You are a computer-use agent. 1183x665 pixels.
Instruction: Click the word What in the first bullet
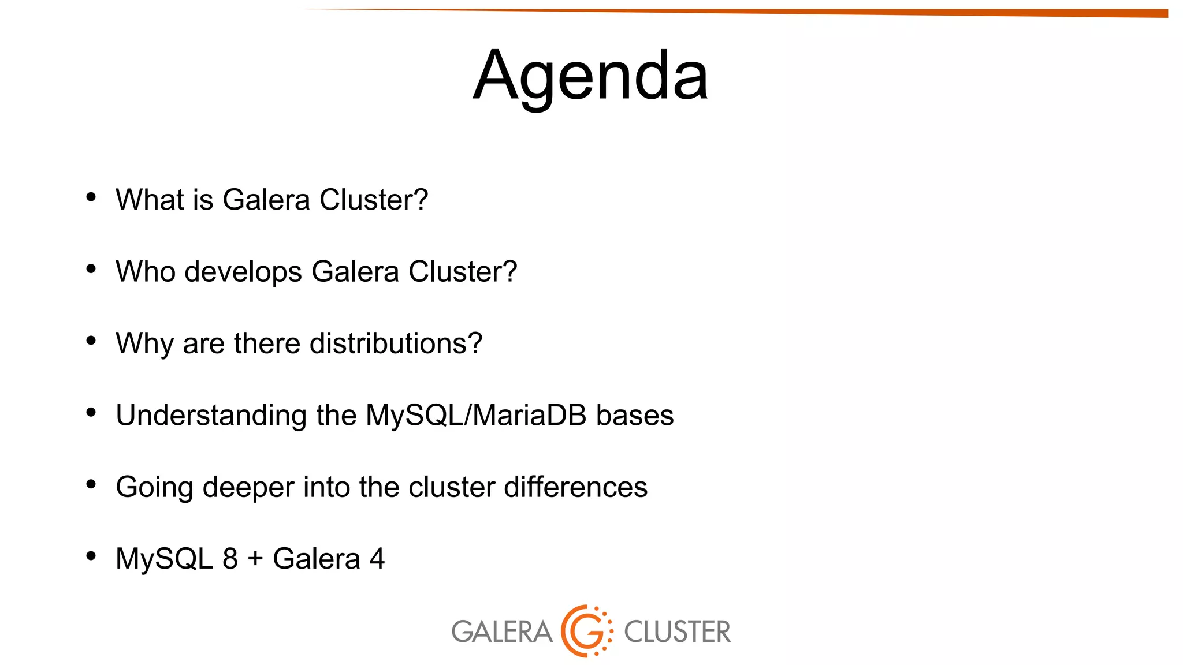(149, 200)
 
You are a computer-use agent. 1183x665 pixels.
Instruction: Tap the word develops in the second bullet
(243, 272)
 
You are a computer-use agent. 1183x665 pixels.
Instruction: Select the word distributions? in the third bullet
(396, 343)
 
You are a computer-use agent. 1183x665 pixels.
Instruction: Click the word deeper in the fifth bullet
(248, 487)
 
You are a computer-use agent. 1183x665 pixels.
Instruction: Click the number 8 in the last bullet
(230, 559)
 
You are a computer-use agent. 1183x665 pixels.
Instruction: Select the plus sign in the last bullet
(255, 559)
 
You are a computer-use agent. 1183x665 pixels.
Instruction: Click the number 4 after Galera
(377, 559)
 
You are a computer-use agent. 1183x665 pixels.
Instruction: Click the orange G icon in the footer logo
(586, 631)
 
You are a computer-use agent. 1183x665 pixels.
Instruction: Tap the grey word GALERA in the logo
(501, 632)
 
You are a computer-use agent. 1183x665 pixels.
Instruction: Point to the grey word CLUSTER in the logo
(677, 632)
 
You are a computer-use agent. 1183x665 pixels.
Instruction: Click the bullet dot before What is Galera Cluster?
(91, 197)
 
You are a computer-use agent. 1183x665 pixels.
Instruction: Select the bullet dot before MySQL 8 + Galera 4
(91, 556)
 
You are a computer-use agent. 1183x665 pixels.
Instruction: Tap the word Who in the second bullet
(145, 272)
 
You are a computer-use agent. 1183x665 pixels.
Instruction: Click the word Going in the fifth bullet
(154, 487)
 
